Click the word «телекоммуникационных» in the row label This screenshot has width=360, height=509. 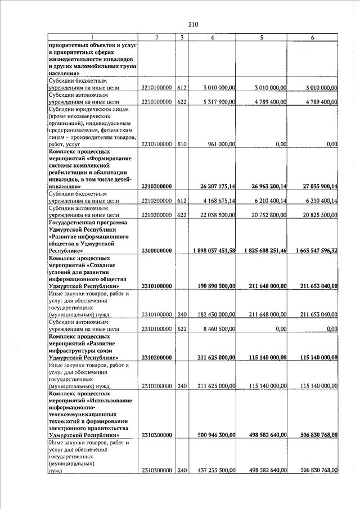coord(82,414)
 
